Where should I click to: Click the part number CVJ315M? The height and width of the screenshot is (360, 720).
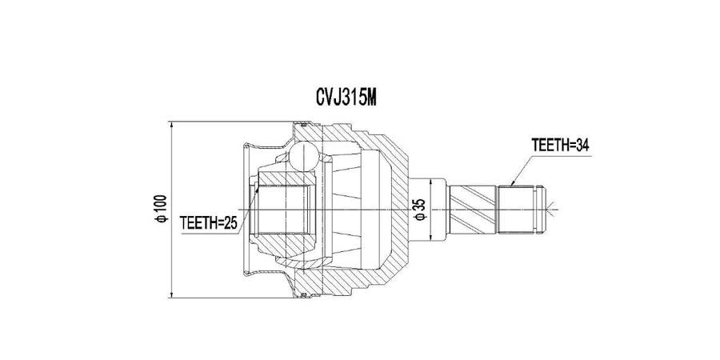pyautogui.click(x=346, y=97)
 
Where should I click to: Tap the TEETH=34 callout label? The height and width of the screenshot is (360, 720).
pyautogui.click(x=560, y=145)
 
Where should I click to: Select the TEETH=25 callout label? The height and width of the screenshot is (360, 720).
pyautogui.click(x=209, y=223)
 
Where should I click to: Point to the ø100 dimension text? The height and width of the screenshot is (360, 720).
pyautogui.click(x=162, y=209)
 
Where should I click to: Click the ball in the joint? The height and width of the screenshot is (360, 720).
pyautogui.click(x=303, y=156)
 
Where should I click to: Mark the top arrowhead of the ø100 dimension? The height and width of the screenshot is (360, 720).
pyautogui.click(x=172, y=126)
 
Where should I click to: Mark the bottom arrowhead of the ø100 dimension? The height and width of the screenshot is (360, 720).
pyautogui.click(x=172, y=294)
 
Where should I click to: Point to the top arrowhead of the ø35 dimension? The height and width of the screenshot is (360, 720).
pyautogui.click(x=430, y=182)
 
